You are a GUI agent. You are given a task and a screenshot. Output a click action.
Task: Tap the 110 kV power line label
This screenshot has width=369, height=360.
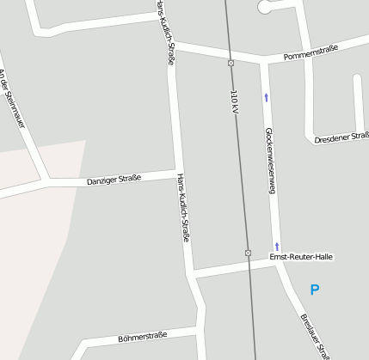pos(234,104)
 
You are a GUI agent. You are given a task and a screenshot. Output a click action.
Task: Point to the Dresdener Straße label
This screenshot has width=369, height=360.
pos(341,137)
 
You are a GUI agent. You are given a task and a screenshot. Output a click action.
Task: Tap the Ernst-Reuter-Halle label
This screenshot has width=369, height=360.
pos(301,257)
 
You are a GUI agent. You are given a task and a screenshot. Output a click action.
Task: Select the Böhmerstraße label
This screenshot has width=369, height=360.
pos(142,337)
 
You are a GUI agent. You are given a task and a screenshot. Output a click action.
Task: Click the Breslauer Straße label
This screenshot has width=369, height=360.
pos(315,336)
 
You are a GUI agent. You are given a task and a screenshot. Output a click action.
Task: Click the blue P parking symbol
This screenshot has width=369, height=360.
pos(314,290)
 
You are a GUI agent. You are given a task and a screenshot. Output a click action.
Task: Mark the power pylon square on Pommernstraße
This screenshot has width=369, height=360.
pos(231,63)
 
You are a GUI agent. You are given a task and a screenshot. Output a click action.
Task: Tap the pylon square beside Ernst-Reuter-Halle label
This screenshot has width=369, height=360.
pos(248,253)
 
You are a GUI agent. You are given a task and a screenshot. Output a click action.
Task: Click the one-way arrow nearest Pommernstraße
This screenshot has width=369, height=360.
pos(266,97)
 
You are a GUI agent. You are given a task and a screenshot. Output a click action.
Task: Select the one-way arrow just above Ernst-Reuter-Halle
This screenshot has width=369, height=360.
pos(277,246)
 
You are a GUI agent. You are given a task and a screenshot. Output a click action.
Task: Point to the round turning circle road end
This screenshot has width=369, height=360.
pos(265,7)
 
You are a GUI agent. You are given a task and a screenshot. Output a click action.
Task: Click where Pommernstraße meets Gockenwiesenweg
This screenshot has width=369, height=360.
pos(261,60)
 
